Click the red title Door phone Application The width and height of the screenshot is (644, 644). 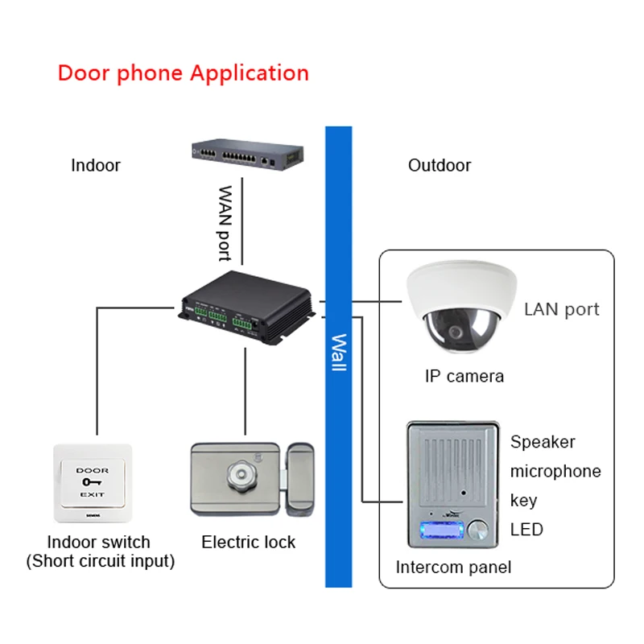coord(183,73)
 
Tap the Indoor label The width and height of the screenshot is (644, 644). coord(96,166)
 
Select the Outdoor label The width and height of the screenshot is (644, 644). coord(440,166)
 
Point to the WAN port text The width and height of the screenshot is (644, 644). coord(225,223)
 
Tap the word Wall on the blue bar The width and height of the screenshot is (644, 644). coord(338,353)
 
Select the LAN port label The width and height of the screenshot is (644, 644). coord(562,309)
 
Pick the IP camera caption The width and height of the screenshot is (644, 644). coord(464,376)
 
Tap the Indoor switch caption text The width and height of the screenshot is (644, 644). coord(100,551)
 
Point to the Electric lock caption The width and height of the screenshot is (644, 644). coord(248,543)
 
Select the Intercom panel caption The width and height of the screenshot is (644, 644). coord(453,568)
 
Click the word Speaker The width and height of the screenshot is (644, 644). coord(543,442)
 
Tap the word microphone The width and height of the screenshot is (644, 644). coord(555,471)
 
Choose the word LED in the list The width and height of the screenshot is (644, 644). coord(527,530)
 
